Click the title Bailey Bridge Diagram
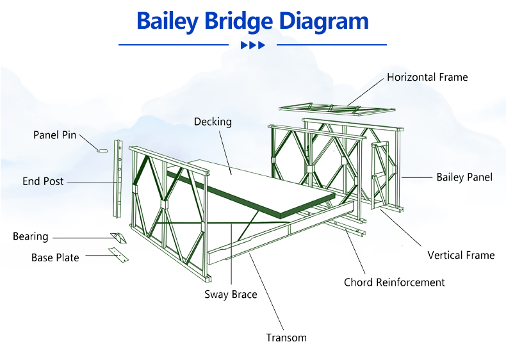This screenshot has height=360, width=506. point(252,21)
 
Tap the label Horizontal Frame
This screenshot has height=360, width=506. point(427,77)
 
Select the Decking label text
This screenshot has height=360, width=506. point(213,122)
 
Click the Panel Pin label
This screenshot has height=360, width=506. point(55,135)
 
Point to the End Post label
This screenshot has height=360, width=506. point(43,181)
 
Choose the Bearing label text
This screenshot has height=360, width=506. point(31,236)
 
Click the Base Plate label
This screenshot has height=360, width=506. point(55,258)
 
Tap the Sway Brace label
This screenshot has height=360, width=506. point(231,295)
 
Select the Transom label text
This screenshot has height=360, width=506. point(286,338)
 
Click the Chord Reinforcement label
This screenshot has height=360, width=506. point(395,282)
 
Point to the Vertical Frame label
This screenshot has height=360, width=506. point(461,255)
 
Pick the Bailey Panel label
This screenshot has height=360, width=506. point(464,177)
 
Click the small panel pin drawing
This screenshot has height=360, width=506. point(102,151)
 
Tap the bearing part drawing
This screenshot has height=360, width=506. point(118,238)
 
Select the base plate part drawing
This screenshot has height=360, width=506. point(118,255)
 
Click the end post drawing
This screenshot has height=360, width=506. point(118,179)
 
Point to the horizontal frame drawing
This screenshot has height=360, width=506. point(336,108)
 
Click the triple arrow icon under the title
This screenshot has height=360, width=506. point(253,45)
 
